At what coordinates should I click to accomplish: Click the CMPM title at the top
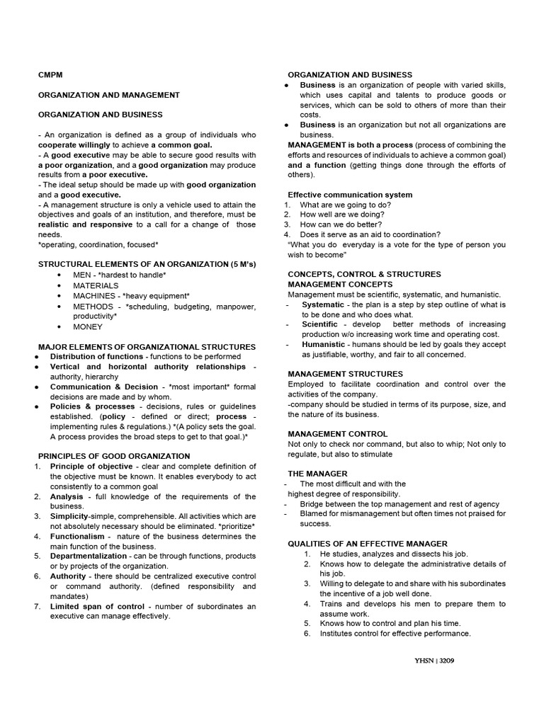coord(50,75)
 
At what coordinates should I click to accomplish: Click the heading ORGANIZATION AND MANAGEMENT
coord(108,95)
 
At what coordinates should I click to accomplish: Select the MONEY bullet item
coord(88,327)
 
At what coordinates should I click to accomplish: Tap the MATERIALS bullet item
coord(96,285)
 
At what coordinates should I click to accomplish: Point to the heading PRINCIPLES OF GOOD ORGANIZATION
coord(113,456)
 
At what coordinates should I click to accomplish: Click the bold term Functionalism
coord(77,536)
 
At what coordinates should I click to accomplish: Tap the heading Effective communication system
coord(350,195)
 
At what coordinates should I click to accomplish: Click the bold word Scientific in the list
coord(319,324)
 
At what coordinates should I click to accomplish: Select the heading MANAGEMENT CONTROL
coord(337,434)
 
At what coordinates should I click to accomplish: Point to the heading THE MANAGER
coord(317,473)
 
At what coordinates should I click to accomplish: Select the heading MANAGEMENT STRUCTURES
coord(345,374)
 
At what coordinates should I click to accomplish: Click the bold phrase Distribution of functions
coord(96,357)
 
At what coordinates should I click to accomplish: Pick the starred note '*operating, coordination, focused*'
coord(98,244)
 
